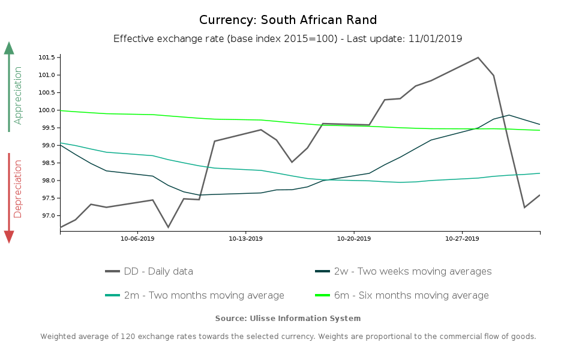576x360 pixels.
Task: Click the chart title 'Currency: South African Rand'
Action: point(288,20)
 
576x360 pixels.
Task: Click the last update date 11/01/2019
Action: point(435,39)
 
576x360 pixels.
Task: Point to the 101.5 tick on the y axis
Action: point(46,58)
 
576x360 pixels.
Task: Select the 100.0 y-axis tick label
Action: point(46,110)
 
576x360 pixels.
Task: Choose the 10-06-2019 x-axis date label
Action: point(137,239)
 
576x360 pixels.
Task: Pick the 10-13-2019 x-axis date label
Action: point(245,239)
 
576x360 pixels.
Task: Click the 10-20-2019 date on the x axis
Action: point(354,239)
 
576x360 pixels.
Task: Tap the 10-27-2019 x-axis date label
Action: point(462,239)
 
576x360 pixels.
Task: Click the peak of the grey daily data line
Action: point(478,58)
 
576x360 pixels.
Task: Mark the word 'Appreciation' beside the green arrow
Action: point(18,95)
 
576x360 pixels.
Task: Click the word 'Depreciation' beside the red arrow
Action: point(18,188)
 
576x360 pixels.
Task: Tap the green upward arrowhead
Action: point(9,48)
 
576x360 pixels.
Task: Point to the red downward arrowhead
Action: point(9,237)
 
